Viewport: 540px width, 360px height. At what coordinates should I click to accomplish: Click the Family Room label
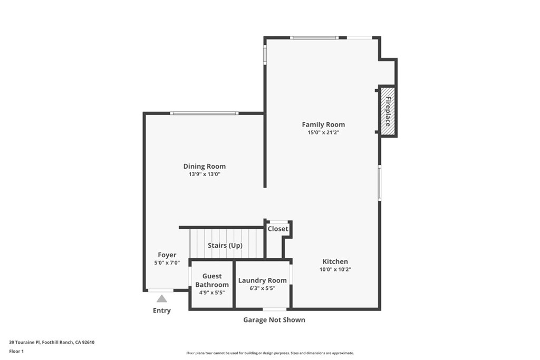(x=323, y=124)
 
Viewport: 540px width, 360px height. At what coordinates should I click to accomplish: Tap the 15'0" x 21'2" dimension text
(x=323, y=133)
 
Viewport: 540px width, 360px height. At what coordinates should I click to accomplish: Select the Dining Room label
(x=204, y=166)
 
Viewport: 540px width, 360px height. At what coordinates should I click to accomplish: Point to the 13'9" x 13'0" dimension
(x=204, y=174)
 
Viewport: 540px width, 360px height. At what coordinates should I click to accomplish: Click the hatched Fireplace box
(x=388, y=111)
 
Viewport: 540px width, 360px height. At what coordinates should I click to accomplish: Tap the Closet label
(x=278, y=229)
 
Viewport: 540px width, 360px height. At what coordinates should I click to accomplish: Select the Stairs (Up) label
(x=225, y=246)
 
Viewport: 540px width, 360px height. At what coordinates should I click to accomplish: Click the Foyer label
(x=167, y=255)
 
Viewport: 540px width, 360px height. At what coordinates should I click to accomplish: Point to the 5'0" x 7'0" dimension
(x=167, y=262)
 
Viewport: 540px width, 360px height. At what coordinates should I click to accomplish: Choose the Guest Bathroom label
(x=212, y=280)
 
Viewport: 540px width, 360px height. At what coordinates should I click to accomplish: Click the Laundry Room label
(x=263, y=280)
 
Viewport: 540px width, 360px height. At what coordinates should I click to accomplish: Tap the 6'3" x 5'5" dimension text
(x=263, y=288)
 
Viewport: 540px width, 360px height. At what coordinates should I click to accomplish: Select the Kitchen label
(x=335, y=261)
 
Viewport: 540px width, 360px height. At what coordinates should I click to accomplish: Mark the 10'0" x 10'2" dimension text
(x=335, y=269)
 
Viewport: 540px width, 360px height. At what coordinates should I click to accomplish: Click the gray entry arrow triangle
(x=162, y=299)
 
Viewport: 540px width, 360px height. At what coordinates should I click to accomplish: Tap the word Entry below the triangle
(x=162, y=310)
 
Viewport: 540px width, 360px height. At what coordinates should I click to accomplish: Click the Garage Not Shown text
(x=274, y=320)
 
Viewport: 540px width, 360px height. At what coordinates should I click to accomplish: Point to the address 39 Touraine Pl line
(x=52, y=342)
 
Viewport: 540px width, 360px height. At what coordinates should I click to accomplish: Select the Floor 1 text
(x=16, y=351)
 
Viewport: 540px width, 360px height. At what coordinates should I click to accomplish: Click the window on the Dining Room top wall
(x=204, y=113)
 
